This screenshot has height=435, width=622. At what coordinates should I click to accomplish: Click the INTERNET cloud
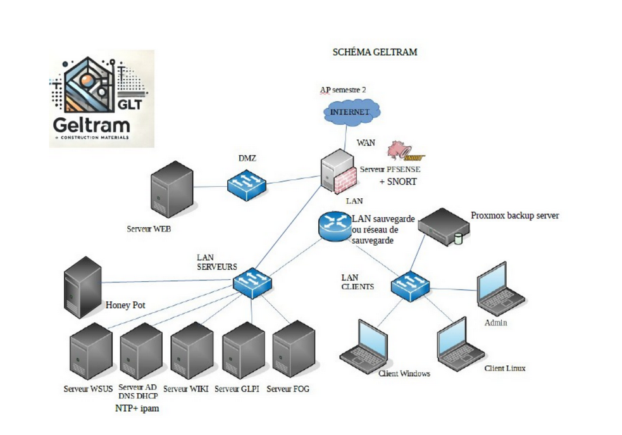(x=352, y=111)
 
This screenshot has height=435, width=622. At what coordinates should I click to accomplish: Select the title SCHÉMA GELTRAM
(x=375, y=53)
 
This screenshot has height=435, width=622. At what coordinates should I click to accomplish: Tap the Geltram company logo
(x=102, y=99)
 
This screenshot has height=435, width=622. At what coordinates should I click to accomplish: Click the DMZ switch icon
(x=246, y=183)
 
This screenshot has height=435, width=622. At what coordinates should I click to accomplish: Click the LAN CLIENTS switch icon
(x=410, y=286)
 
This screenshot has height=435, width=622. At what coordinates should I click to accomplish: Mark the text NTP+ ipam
(x=136, y=408)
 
